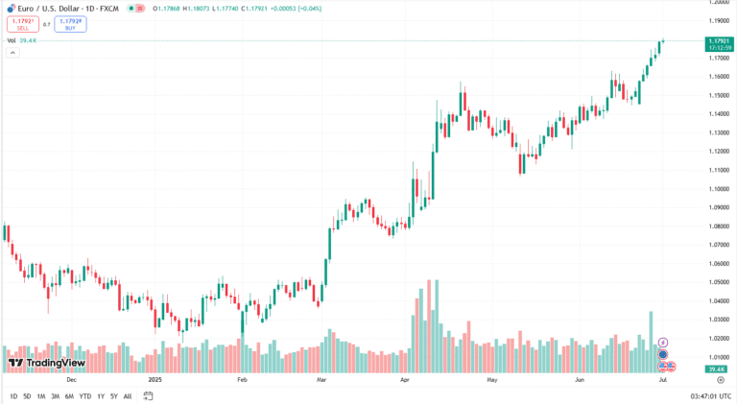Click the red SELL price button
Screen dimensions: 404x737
pyautogui.click(x=22, y=24)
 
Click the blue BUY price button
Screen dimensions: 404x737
pyautogui.click(x=70, y=24)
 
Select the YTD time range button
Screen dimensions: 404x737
pyautogui.click(x=85, y=396)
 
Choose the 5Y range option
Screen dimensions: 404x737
pyautogui.click(x=114, y=396)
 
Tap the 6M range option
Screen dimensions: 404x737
pyautogui.click(x=69, y=396)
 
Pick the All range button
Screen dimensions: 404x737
pyautogui.click(x=128, y=396)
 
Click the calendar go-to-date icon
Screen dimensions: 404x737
pyautogui.click(x=149, y=395)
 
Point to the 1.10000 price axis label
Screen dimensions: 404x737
pyautogui.click(x=721, y=189)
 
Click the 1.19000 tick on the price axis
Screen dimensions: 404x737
pyautogui.click(x=721, y=20)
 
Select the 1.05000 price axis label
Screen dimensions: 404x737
pyautogui.click(x=721, y=282)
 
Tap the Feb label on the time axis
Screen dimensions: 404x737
pyautogui.click(x=242, y=379)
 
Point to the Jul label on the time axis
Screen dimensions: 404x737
pyautogui.click(x=663, y=379)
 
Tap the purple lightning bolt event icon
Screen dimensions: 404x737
pyautogui.click(x=662, y=342)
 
